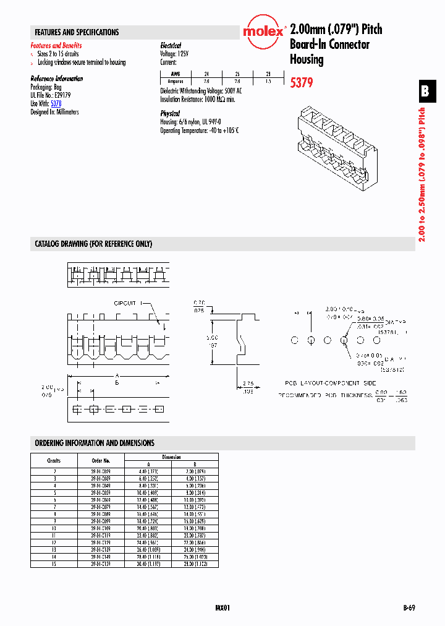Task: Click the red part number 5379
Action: tap(302, 82)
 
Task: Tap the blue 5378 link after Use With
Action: tap(56, 105)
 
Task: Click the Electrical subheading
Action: tap(171, 46)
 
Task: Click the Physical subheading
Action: tap(170, 114)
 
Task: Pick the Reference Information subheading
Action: tap(56, 79)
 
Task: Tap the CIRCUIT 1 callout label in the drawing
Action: tap(128, 303)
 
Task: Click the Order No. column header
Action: tap(101, 461)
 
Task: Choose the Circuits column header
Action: tap(54, 461)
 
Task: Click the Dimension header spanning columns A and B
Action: tap(171, 457)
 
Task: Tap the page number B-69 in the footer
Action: tap(408, 608)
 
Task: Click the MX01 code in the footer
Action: tap(223, 608)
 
